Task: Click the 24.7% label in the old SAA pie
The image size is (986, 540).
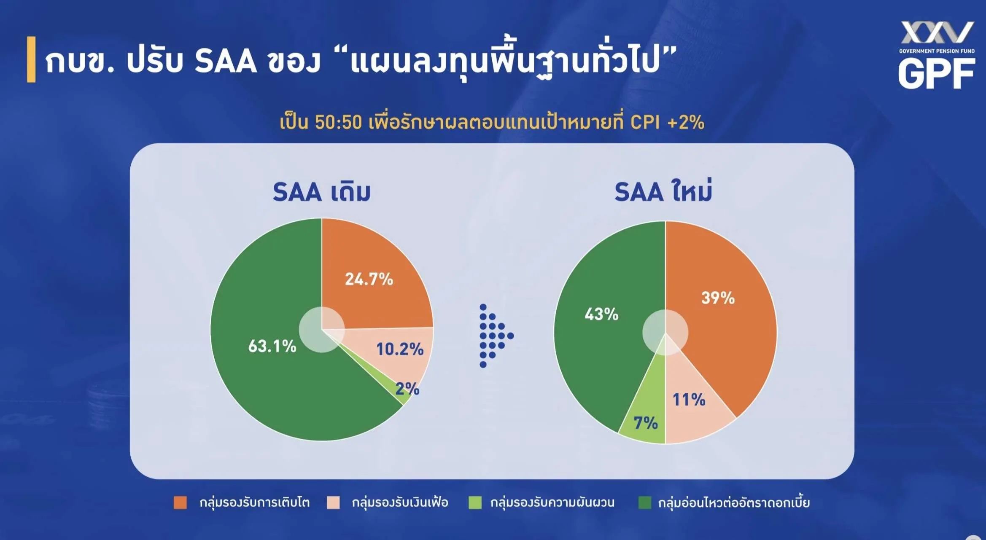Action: (x=369, y=279)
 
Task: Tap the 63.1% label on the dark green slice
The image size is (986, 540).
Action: (x=272, y=346)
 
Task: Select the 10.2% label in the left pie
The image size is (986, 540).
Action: (x=400, y=349)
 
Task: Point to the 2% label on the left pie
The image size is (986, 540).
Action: (x=407, y=389)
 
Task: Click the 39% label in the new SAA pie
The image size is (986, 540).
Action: (x=718, y=298)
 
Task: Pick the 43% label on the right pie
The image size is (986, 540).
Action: (x=601, y=314)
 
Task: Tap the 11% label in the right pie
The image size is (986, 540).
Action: (x=689, y=400)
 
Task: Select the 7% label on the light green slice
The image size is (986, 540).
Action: (x=646, y=423)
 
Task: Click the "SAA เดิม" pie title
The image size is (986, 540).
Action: (x=321, y=192)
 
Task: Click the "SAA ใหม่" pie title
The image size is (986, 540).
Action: (x=663, y=191)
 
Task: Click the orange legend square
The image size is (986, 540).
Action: (x=180, y=502)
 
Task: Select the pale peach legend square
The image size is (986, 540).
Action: (x=333, y=502)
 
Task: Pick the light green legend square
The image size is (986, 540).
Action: (x=475, y=502)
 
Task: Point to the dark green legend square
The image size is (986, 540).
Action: (x=645, y=502)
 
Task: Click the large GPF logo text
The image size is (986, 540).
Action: (x=936, y=73)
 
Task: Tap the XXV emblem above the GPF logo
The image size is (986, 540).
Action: (x=937, y=32)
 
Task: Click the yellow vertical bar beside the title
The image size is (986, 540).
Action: (x=31, y=59)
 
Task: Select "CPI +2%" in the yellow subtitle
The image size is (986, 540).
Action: (x=667, y=122)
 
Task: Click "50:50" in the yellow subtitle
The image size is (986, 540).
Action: (x=338, y=122)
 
